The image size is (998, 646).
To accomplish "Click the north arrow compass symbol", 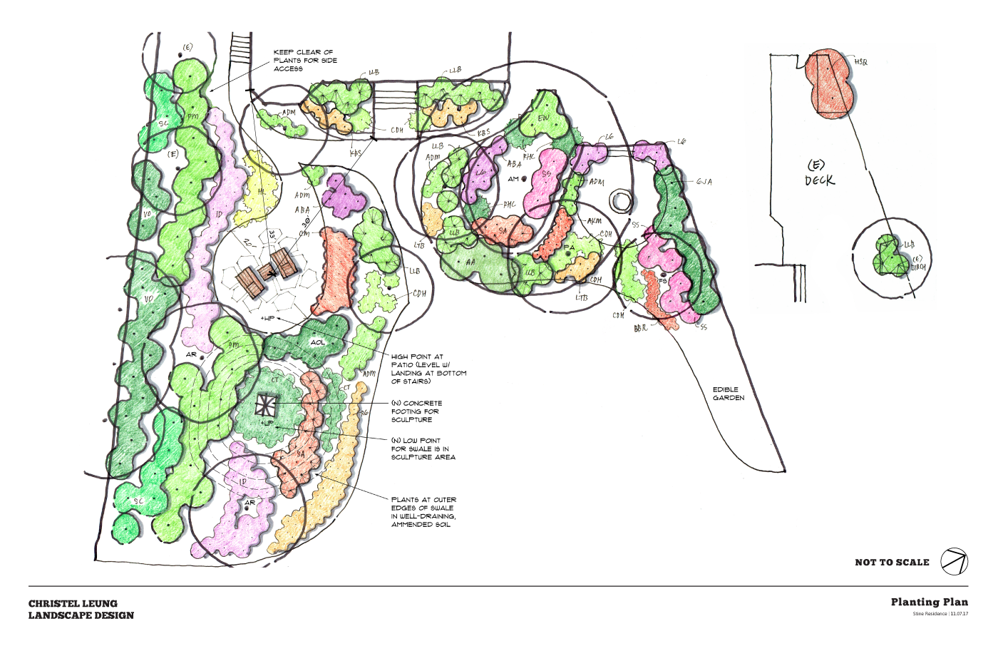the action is [954, 561].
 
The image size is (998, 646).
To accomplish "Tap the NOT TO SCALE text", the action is [892, 563].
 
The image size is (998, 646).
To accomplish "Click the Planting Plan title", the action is [929, 602].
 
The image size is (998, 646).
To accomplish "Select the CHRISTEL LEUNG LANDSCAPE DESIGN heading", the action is [81, 609].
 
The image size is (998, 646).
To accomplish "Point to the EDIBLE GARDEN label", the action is [728, 394].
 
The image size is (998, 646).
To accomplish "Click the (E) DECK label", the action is [819, 173].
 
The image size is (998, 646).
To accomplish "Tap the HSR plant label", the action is [861, 63].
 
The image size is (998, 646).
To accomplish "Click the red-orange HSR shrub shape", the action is [828, 83].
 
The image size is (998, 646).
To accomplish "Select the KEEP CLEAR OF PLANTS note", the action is [305, 61].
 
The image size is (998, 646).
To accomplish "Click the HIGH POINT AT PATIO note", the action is [428, 369].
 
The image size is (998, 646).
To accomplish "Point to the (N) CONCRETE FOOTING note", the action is [416, 411].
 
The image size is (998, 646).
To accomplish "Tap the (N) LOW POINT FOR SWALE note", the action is [423, 448].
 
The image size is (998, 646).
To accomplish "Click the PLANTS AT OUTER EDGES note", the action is [423, 512].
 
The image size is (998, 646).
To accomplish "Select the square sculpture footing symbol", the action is [265, 407].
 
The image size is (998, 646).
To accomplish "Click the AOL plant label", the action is [317, 342].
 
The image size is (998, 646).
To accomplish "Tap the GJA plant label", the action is [704, 182].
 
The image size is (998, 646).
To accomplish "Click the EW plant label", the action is [543, 118].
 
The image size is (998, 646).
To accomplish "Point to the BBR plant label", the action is [640, 329].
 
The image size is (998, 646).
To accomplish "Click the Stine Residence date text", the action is [940, 614].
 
